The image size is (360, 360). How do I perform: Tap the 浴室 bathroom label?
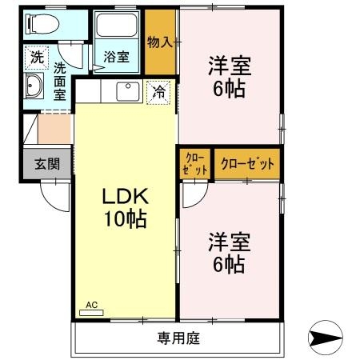(116, 57)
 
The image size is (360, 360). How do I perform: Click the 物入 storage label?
(160, 42)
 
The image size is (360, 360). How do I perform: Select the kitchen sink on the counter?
(128, 91)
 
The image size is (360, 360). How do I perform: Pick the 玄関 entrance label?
(46, 164)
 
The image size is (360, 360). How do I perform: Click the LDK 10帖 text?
(124, 208)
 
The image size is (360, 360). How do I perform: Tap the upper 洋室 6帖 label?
(228, 74)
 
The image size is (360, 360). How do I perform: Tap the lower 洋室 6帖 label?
(228, 252)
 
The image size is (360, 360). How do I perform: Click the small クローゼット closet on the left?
(195, 163)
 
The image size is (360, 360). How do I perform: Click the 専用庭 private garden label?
(178, 338)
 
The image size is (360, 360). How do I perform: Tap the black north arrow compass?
(326, 338)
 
